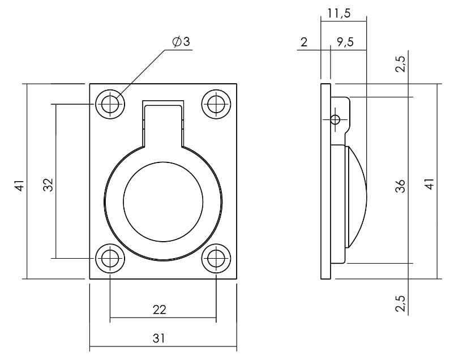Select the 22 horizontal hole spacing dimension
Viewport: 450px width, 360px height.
click(x=160, y=310)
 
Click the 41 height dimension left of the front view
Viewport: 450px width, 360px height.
click(x=19, y=185)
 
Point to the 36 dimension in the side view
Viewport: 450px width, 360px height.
click(x=400, y=186)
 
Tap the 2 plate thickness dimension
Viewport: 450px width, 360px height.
click(x=304, y=42)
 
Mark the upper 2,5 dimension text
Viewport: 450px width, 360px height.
click(x=400, y=64)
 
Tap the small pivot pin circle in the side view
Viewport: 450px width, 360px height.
click(x=336, y=119)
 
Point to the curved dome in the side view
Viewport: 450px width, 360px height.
click(x=358, y=196)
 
